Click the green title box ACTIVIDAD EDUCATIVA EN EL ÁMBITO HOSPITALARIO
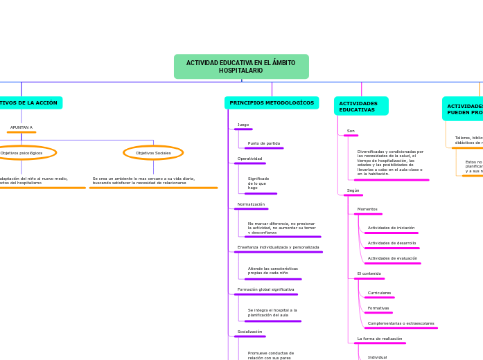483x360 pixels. point(241,66)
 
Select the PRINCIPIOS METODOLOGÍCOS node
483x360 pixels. point(272,103)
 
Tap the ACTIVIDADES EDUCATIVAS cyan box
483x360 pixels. point(361,106)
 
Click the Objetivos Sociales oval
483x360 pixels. point(153,153)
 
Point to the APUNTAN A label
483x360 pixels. point(21,127)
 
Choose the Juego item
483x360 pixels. point(243,125)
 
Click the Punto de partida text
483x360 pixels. point(264,143)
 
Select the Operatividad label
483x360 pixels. point(249,159)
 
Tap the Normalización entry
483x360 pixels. point(251,204)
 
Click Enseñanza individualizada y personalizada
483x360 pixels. point(278,247)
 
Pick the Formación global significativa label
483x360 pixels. point(265,289)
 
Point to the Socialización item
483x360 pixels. point(249,332)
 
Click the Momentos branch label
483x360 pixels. point(367,209)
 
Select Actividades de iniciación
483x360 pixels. point(391,228)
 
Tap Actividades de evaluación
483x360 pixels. point(392,258)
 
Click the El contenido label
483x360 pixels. point(369,273)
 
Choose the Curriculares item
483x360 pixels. point(379,293)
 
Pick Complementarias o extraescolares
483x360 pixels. point(401,323)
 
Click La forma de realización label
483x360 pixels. point(380,339)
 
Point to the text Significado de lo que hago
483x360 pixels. point(258,183)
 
